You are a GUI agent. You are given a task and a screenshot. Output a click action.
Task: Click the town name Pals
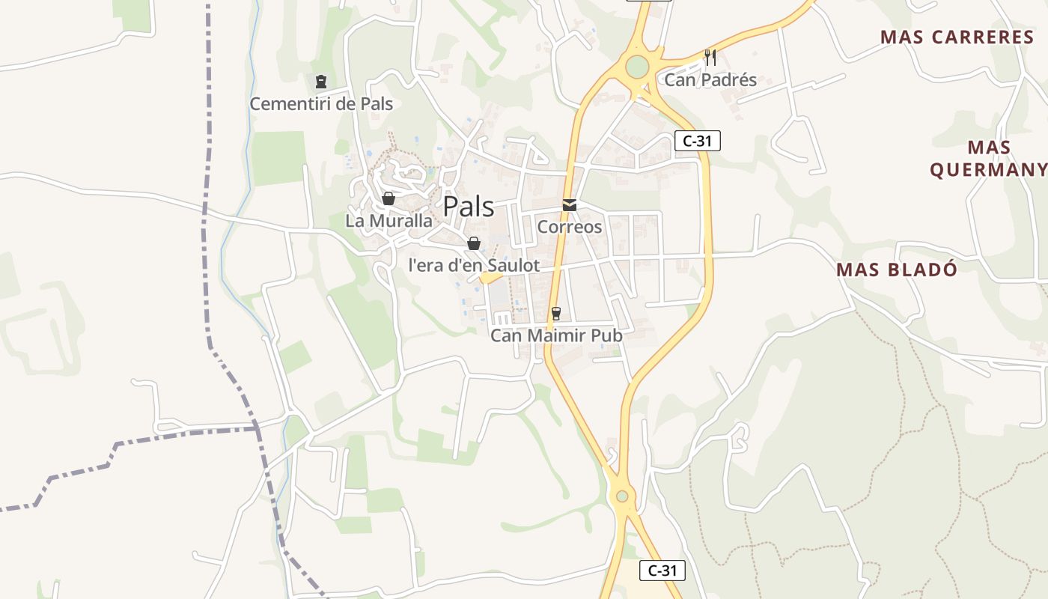click(469, 207)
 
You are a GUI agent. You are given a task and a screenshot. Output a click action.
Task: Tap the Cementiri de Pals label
click(321, 104)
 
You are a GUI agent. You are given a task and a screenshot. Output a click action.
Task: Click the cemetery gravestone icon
click(321, 81)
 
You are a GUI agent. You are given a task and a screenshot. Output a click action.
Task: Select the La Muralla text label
click(389, 221)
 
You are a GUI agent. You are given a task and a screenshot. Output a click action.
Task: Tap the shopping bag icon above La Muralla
click(389, 198)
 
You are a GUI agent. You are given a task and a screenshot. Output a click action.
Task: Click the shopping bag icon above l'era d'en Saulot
click(474, 243)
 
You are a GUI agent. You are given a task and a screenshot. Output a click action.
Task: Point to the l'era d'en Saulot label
click(474, 265)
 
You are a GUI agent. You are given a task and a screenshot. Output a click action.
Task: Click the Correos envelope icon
click(570, 205)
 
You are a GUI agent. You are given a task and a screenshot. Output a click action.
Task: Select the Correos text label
click(570, 227)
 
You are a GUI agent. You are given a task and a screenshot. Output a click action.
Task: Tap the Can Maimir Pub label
click(556, 335)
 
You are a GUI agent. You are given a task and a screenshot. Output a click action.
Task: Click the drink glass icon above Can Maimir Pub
click(555, 313)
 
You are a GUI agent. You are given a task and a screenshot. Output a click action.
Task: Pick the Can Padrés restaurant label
click(710, 80)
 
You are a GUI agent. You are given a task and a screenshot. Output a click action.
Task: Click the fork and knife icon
click(710, 57)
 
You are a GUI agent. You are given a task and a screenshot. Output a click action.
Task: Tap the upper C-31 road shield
click(697, 141)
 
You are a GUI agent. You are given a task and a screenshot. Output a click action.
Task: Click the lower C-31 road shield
click(662, 571)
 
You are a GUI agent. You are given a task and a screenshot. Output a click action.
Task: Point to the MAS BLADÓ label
click(897, 270)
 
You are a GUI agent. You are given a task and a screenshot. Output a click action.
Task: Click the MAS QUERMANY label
click(989, 159)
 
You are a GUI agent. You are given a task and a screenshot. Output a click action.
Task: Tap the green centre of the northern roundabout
click(636, 67)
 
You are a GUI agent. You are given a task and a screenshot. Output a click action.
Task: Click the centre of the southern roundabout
click(621, 496)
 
